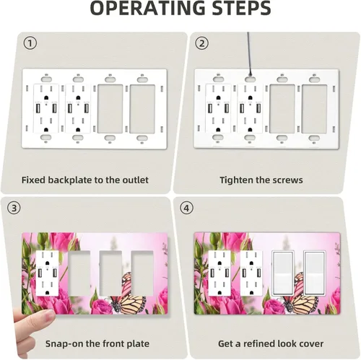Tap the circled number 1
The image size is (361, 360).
tap(30, 43)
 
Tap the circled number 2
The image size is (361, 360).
tap(201, 43)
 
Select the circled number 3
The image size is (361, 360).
tap(14, 208)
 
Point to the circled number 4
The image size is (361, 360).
tap(186, 208)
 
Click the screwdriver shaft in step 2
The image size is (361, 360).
tap(250, 53)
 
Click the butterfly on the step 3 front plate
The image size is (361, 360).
tap(128, 294)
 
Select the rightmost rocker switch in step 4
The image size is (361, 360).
tap(314, 273)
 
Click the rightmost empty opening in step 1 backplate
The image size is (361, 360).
tap(142, 109)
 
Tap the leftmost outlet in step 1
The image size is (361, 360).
tap(46, 109)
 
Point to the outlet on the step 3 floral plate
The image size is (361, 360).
tap(47, 273)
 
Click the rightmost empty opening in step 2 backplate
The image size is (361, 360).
tap(314, 109)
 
